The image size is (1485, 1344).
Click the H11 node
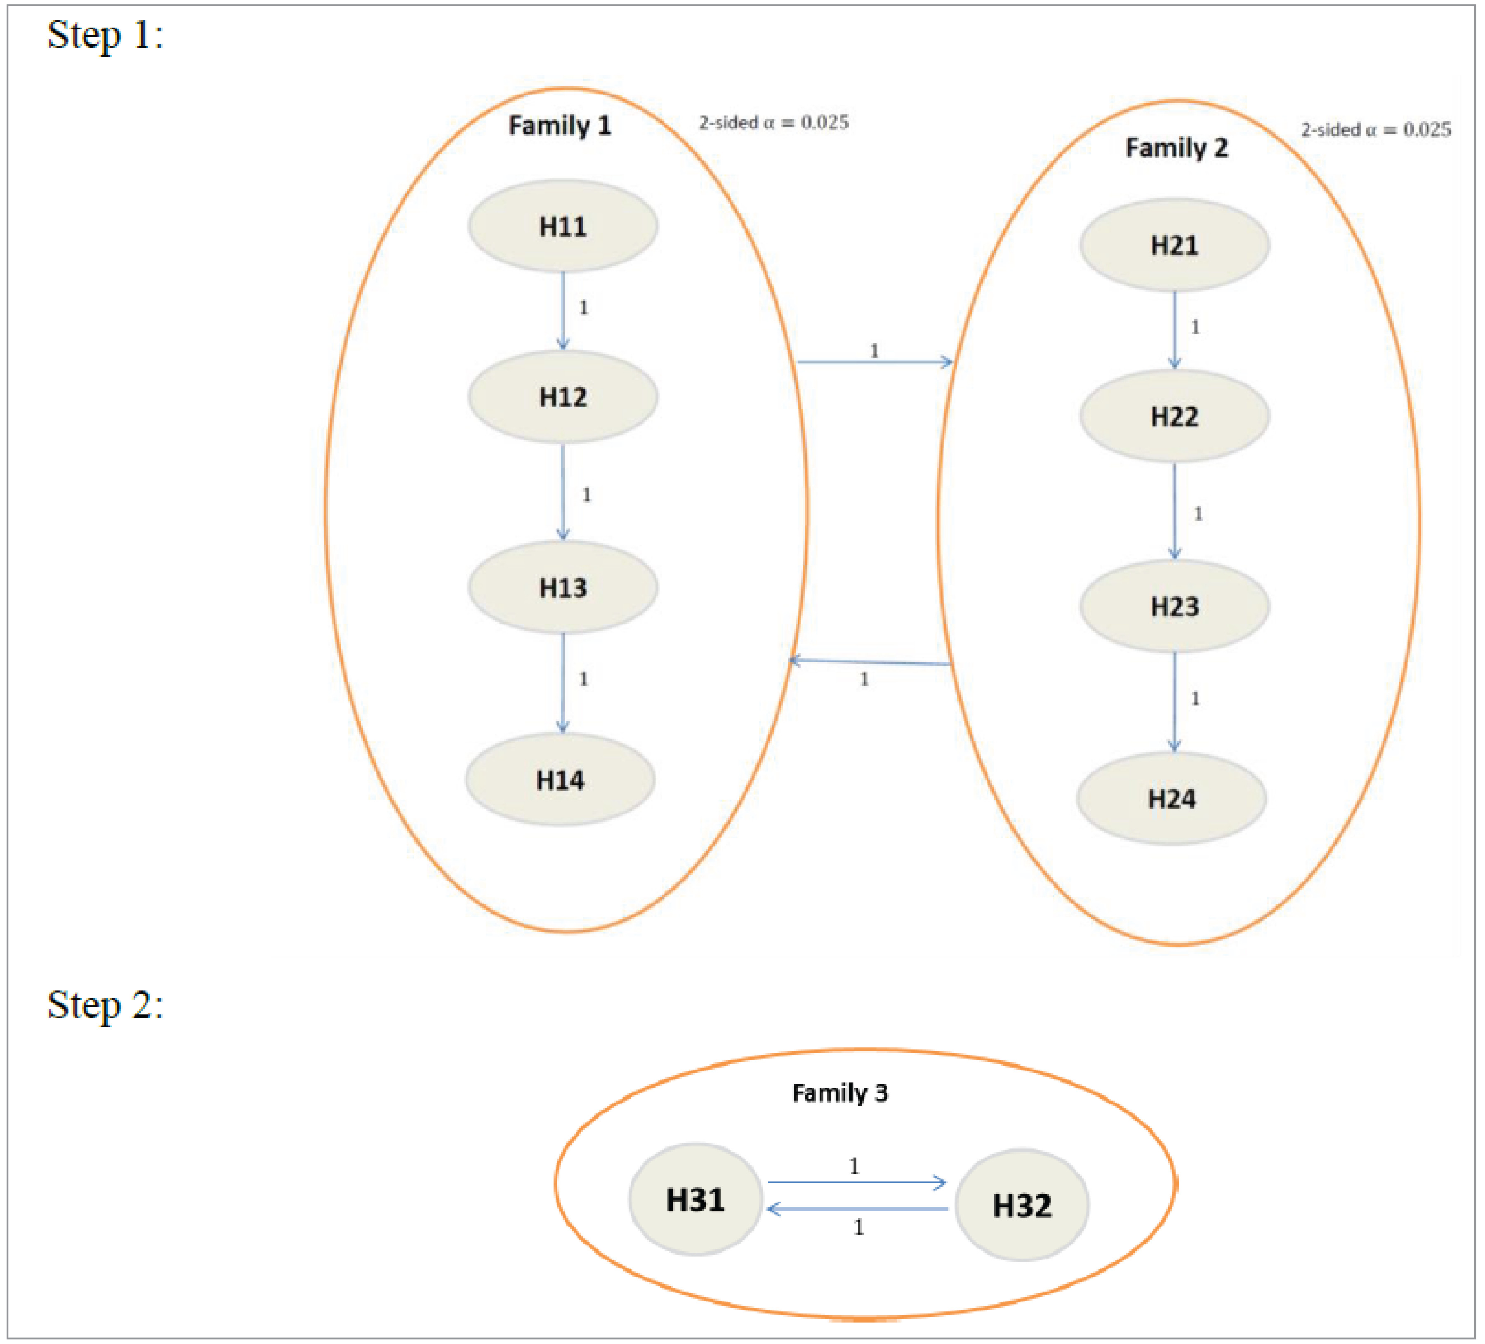click(563, 226)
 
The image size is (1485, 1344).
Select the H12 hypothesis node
click(563, 397)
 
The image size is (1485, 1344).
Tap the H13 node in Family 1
click(563, 587)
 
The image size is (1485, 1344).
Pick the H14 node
click(560, 780)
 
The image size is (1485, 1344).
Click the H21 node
click(1174, 245)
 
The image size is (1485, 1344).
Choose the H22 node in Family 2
click(1174, 416)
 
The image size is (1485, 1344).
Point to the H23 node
click(1174, 606)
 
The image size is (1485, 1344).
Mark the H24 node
click(1171, 799)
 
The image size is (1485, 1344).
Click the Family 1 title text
click(560, 125)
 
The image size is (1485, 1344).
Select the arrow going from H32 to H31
click(858, 1209)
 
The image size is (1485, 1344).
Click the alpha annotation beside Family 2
click(1375, 130)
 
